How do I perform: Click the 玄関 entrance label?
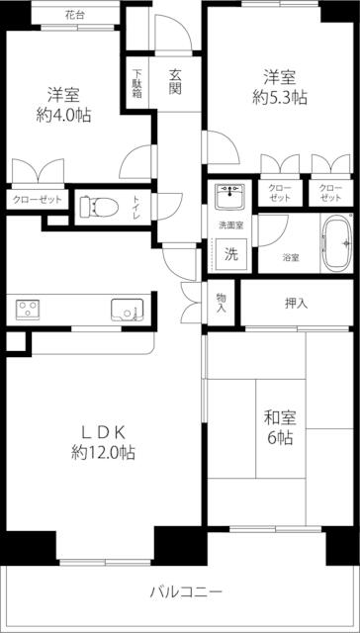pos(174,82)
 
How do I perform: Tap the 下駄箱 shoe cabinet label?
pos(137,83)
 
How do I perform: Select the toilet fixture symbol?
pos(99,207)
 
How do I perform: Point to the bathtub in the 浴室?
pos(337,243)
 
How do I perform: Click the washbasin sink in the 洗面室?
pos(230,197)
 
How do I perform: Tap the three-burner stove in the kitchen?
pos(28,310)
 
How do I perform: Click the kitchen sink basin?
pos(128,310)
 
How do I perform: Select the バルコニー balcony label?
pos(187,592)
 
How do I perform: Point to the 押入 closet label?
pos(297,304)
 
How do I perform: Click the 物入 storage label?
pos(221,303)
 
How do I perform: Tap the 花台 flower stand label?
pos(74,16)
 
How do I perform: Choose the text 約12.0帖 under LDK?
pos(103,453)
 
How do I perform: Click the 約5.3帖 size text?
pos(280,97)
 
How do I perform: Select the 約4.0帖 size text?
pos(63,116)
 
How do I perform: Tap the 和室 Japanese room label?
pos(280,418)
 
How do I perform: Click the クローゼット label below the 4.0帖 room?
pos(38,200)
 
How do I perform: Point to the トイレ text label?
pos(136,207)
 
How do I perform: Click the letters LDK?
pos(105,433)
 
